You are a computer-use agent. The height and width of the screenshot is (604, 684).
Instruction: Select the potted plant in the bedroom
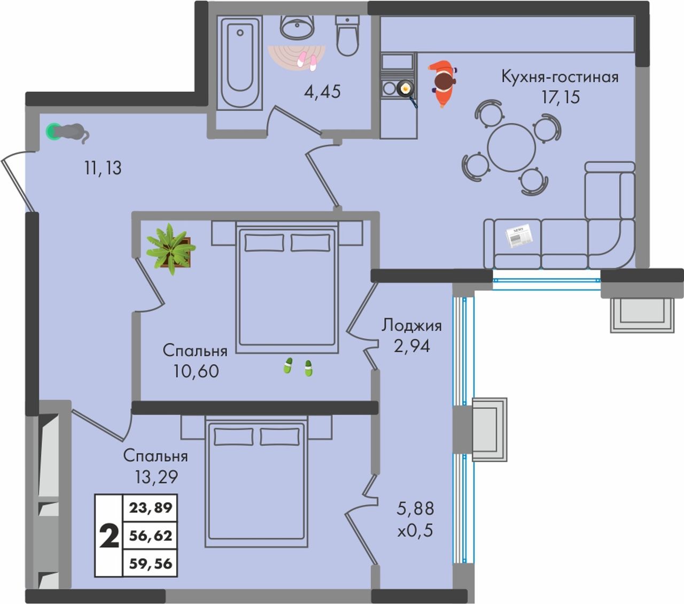tap(171, 248)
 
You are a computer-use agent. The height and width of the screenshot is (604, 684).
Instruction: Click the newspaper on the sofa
tap(519, 236)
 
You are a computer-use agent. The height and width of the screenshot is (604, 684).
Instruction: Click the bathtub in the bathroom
tap(240, 63)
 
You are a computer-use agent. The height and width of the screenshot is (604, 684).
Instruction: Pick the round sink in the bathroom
tap(298, 27)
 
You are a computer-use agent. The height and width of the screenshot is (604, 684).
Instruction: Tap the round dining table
tap(511, 148)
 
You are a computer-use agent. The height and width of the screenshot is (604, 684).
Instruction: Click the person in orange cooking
tap(443, 84)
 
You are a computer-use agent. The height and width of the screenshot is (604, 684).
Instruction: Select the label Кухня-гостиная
tap(560, 77)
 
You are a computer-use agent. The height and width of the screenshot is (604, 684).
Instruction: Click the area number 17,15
tap(561, 97)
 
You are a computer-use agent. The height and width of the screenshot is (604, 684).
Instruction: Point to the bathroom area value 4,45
tap(322, 92)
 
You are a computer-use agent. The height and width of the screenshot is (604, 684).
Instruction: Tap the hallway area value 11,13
tap(103, 168)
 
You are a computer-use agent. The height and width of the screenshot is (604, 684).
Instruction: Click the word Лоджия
tap(411, 326)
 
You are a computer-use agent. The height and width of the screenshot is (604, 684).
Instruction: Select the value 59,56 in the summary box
tap(151, 564)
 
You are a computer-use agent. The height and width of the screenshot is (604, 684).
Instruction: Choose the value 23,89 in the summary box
tap(151, 508)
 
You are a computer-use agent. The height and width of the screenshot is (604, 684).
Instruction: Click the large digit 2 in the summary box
tap(110, 536)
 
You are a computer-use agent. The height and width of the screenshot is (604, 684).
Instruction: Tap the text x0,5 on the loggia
tap(415, 531)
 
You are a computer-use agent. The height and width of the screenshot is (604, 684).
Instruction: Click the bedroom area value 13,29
tap(156, 477)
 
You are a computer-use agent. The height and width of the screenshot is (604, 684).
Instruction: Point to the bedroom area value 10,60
tap(196, 371)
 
